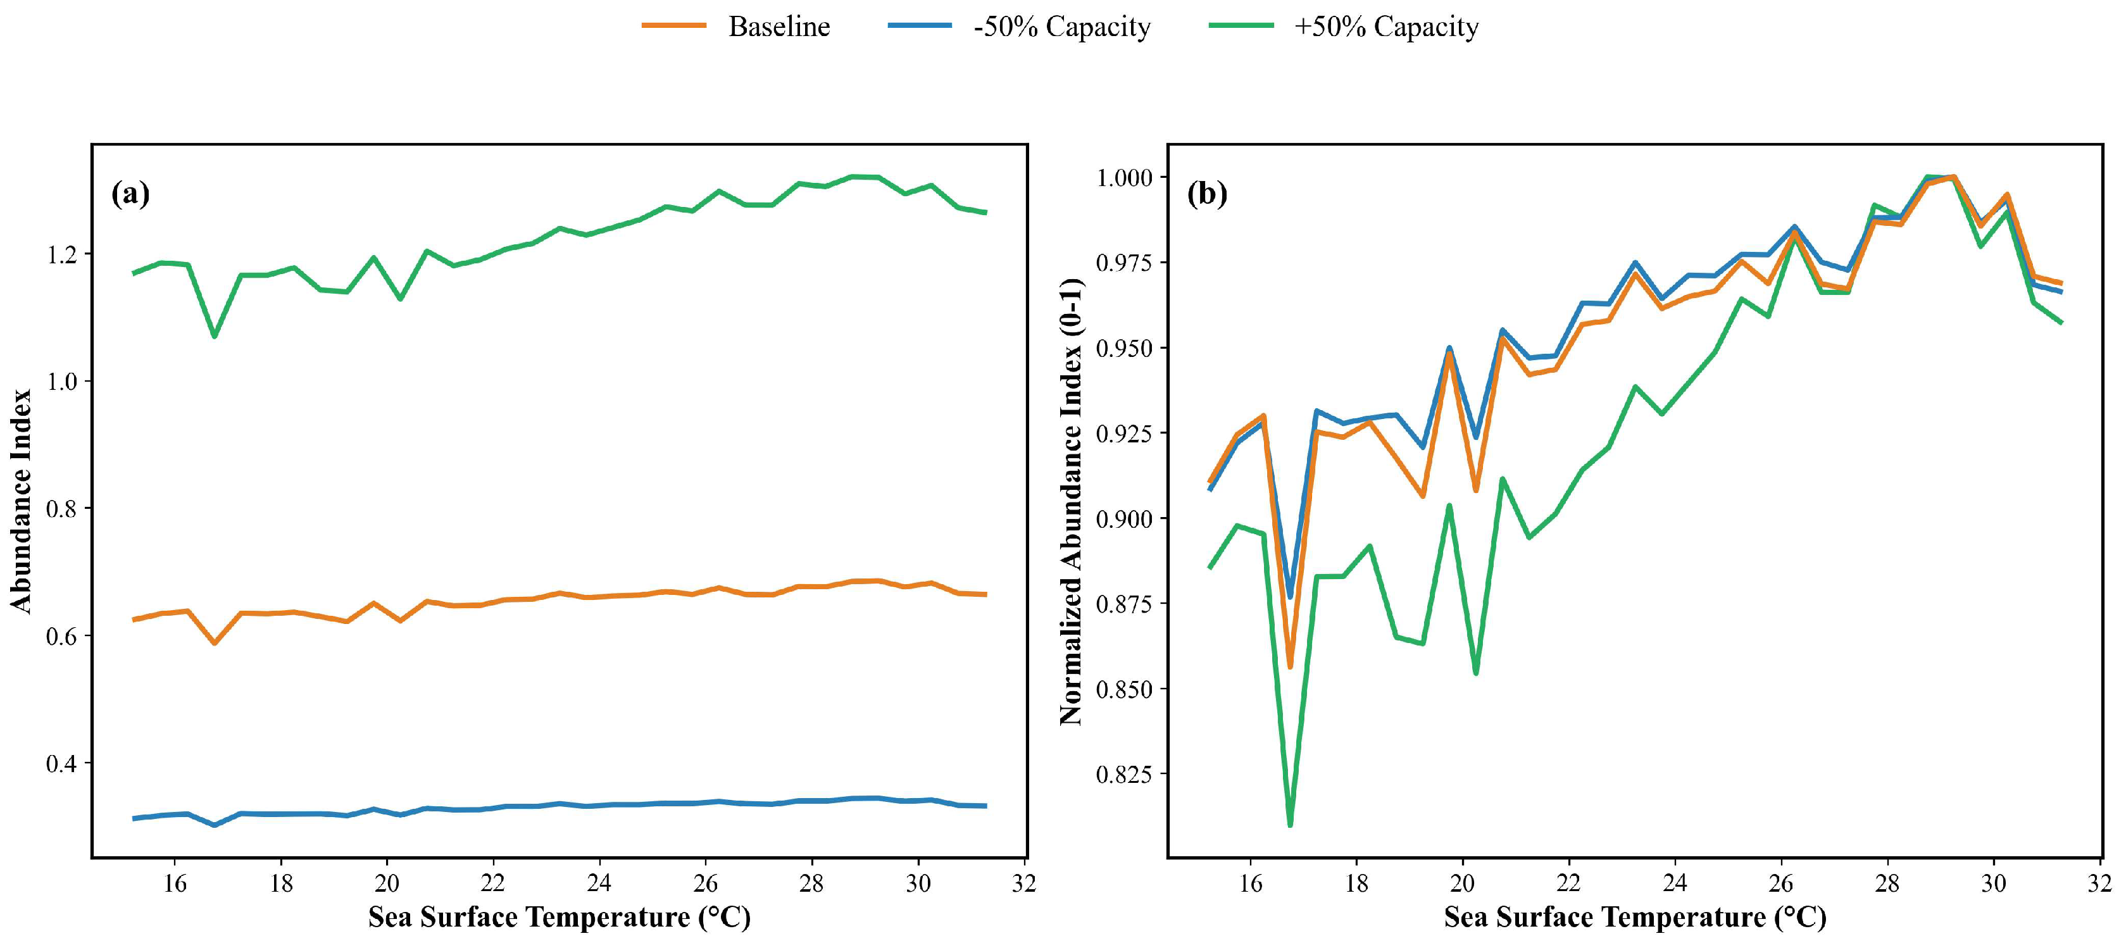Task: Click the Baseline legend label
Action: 778,27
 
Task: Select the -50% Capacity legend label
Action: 1061,27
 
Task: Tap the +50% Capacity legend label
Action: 1387,27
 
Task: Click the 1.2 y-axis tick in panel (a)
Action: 62,254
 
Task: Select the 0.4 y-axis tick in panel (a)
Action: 62,763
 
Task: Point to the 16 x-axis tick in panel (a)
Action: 174,884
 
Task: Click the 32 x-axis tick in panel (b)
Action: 2099,884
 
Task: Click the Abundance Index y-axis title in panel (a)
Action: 21,501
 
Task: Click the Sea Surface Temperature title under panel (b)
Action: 1635,918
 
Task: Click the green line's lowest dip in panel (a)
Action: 215,336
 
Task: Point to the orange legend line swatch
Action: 674,25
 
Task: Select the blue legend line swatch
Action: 920,25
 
